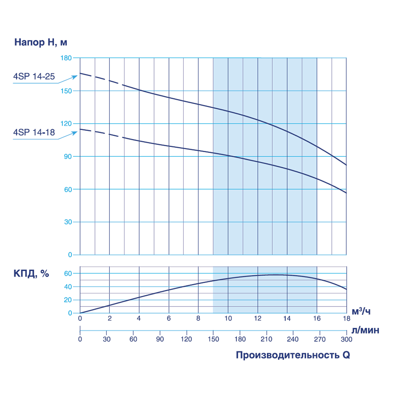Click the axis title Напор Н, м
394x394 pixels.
(38, 42)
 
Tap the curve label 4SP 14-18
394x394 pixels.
(34, 133)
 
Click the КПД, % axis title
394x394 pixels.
(32, 274)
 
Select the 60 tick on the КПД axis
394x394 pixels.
(69, 273)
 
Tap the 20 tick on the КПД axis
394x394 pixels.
(69, 300)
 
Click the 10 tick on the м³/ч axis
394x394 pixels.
(228, 319)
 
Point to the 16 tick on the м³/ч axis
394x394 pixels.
(317, 319)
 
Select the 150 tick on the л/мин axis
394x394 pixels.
(213, 338)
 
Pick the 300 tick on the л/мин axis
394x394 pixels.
(346, 338)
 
